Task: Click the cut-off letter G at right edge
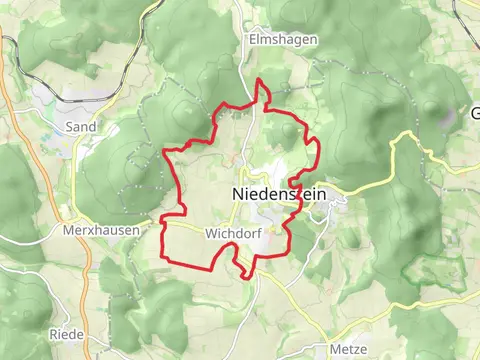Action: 475,113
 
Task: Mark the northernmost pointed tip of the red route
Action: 260,79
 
